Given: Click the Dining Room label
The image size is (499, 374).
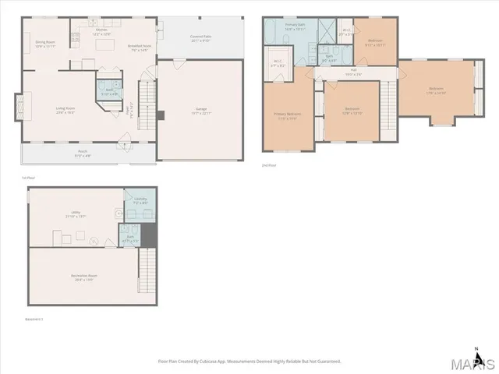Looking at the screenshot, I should click(44, 44).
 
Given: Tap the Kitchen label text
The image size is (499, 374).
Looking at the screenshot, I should click(101, 33).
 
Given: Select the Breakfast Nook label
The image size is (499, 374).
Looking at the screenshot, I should click(140, 48).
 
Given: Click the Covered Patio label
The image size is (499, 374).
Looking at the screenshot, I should click(202, 38).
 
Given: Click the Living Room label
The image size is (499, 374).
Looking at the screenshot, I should click(65, 110).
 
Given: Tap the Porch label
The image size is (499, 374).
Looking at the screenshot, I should click(83, 153).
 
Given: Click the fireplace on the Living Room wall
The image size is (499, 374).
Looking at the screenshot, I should click(19, 104).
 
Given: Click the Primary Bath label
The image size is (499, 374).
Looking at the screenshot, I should click(294, 27).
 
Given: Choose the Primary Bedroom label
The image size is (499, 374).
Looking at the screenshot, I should click(287, 117).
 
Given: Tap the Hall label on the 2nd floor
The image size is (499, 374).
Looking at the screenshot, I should click(353, 72).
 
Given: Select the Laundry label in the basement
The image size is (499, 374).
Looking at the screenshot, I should click(141, 201).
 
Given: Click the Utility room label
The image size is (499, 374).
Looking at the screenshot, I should click(75, 213).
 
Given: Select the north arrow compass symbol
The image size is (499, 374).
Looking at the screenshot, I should click(476, 350).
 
